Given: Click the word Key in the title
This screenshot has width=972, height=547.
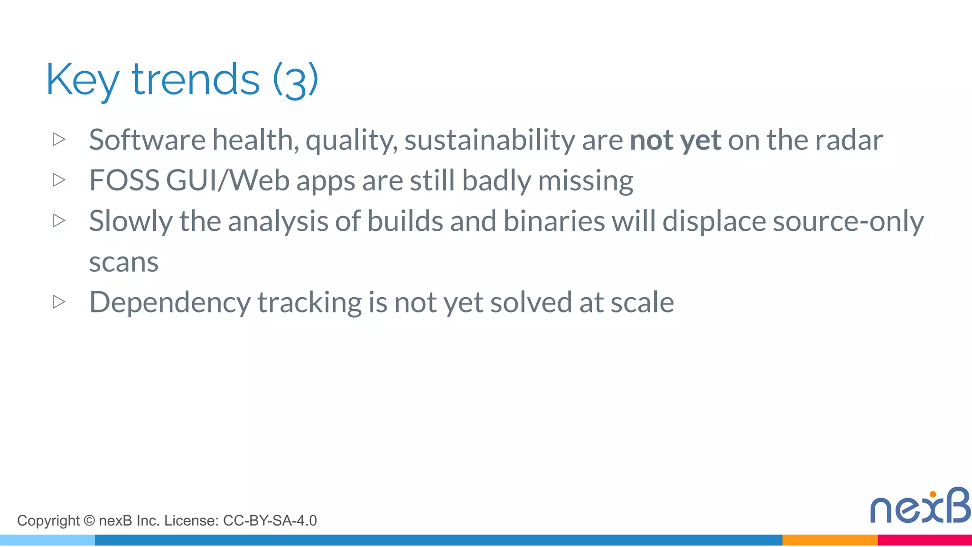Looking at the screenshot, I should click(82, 80).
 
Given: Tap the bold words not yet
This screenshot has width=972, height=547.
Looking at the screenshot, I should click(675, 140).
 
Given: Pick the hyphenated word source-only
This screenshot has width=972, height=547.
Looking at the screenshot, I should click(848, 222).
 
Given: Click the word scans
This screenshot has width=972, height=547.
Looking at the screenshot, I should click(124, 263).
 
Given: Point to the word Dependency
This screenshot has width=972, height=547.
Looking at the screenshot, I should click(169, 303).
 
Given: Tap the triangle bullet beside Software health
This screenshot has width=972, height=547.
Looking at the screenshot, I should click(59, 140).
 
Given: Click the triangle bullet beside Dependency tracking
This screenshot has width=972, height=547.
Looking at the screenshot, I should click(59, 302).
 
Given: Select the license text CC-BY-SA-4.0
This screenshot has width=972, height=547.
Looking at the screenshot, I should click(270, 521).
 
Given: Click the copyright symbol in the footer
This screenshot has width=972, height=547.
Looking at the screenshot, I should click(89, 521).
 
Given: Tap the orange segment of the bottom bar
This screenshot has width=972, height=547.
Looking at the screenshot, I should click(829, 540).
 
